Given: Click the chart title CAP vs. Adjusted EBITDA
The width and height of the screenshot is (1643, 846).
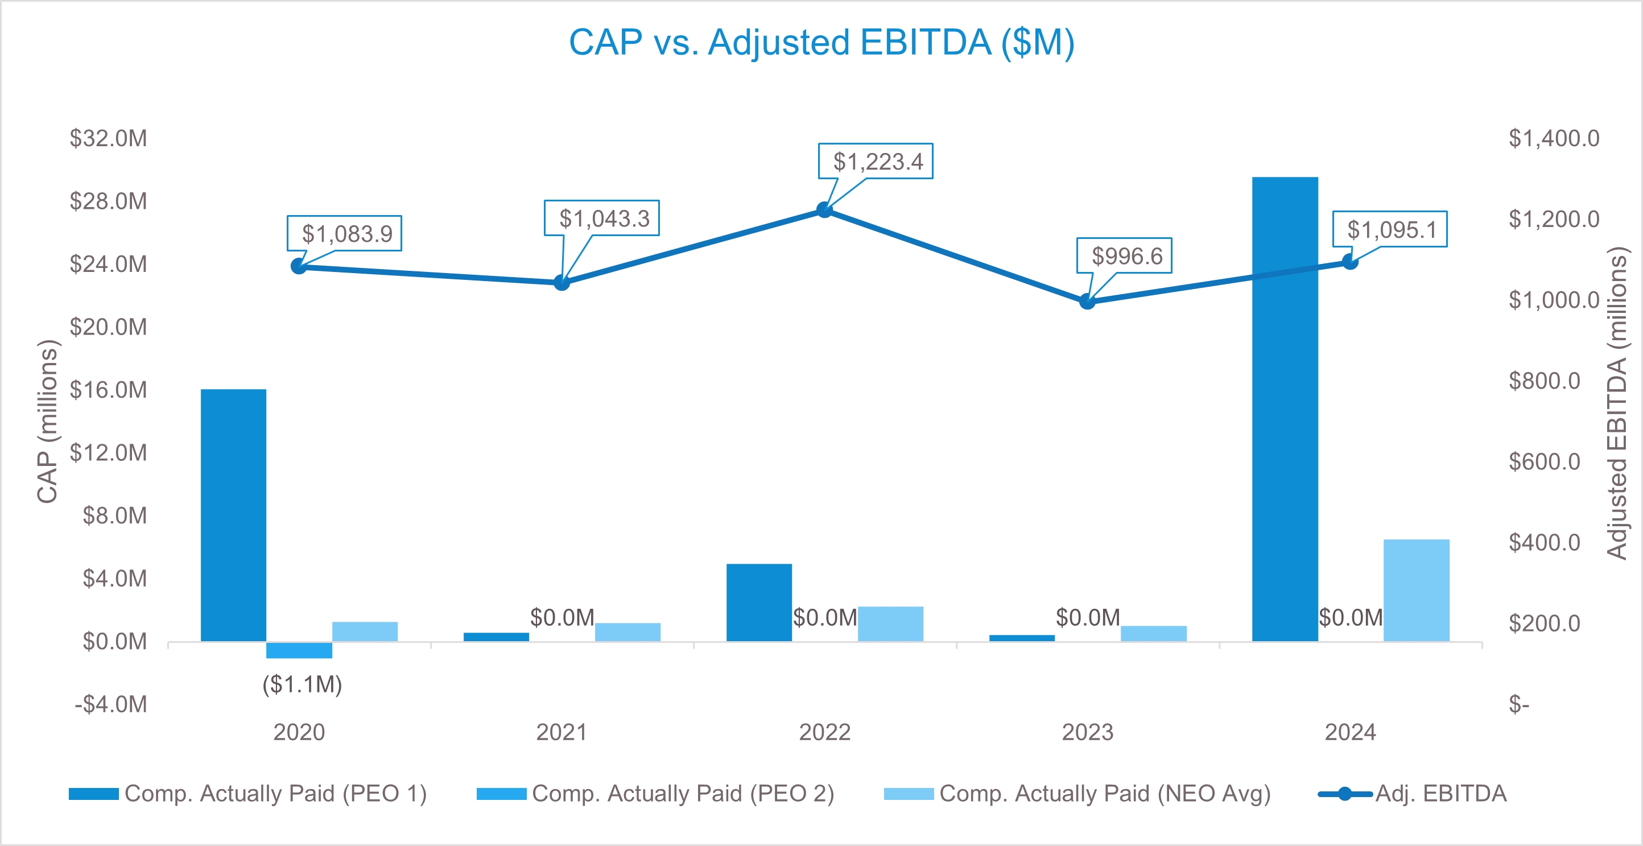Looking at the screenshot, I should pyautogui.click(x=821, y=43).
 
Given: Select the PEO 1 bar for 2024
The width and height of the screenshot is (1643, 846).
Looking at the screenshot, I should pyautogui.click(x=1285, y=408).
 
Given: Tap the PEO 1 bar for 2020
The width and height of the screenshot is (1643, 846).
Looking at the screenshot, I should pyautogui.click(x=233, y=515).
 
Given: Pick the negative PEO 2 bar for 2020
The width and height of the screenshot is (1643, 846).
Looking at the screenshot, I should pyautogui.click(x=299, y=650).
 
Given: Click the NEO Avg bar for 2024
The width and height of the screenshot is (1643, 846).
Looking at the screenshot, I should pyautogui.click(x=1416, y=590).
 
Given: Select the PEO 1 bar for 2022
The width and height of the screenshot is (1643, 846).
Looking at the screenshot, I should pyautogui.click(x=759, y=602).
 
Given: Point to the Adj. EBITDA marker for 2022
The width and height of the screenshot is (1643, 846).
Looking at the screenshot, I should pyautogui.click(x=824, y=210).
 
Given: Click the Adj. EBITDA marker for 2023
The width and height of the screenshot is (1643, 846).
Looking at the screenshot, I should pyautogui.click(x=1087, y=302).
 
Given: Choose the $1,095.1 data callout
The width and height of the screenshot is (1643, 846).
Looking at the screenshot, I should pyautogui.click(x=1390, y=229).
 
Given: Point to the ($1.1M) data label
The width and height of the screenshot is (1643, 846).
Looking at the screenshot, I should pyautogui.click(x=302, y=684).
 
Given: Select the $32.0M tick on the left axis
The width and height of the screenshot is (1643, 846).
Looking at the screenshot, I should pyautogui.click(x=109, y=138).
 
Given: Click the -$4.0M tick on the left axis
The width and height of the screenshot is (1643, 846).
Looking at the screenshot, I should pyautogui.click(x=111, y=704).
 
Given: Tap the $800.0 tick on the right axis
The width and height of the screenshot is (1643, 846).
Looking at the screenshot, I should pyautogui.click(x=1543, y=381).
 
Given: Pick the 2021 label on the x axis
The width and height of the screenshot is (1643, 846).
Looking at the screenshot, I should pyautogui.click(x=562, y=732).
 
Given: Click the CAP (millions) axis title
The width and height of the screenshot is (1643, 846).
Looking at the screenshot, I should pyautogui.click(x=48, y=421).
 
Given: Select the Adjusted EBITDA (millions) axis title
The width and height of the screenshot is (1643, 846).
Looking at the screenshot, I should pyautogui.click(x=1617, y=403).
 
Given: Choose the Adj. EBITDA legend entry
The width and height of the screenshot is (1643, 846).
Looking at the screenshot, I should pyautogui.click(x=1413, y=794).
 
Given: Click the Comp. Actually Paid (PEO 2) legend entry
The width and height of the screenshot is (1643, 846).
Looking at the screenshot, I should pyautogui.click(x=656, y=794).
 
